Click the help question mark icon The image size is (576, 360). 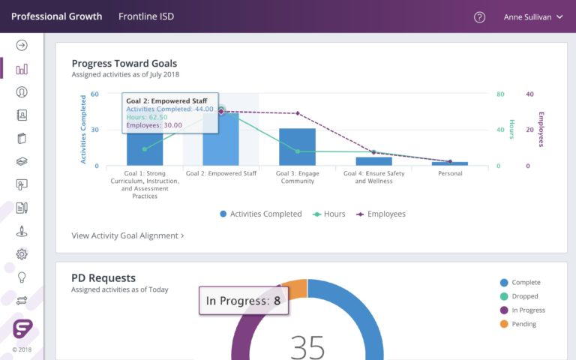point(480,16)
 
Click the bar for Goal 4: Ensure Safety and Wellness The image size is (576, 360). point(373,160)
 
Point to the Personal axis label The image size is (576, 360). point(450,173)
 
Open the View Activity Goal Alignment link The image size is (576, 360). point(127,235)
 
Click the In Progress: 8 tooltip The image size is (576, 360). point(244,301)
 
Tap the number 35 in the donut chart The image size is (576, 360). point(307,346)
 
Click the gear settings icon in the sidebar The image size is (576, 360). point(22,253)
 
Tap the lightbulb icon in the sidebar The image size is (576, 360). point(22,277)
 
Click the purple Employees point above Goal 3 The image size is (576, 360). point(298,113)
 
